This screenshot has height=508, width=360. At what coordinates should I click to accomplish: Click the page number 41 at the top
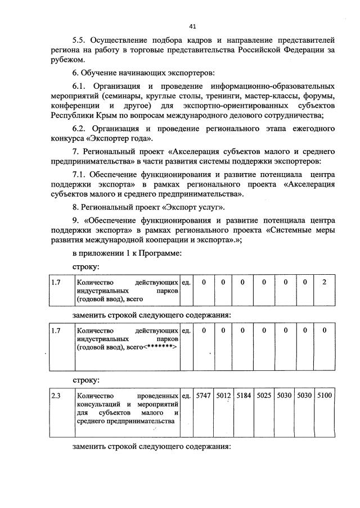(192, 26)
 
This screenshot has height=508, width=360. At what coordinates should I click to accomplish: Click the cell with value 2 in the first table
(325, 282)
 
